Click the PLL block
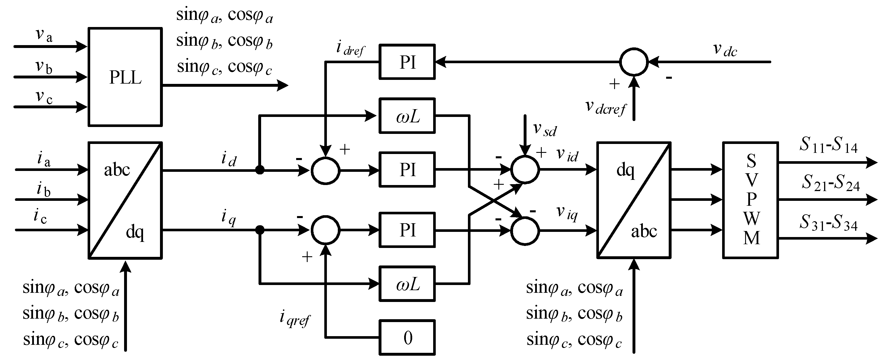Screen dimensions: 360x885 [x=125, y=77]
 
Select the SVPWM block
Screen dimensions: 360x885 [x=750, y=200]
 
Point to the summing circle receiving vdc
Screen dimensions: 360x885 [x=634, y=62]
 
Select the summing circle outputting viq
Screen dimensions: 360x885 [x=525, y=231]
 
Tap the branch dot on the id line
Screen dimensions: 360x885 [x=260, y=170]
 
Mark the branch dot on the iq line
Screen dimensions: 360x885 [x=260, y=230]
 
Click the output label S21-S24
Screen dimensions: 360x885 [x=830, y=183]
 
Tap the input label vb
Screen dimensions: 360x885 [x=44, y=67]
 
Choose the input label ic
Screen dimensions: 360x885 [x=40, y=217]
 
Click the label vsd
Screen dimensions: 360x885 [x=545, y=130]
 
